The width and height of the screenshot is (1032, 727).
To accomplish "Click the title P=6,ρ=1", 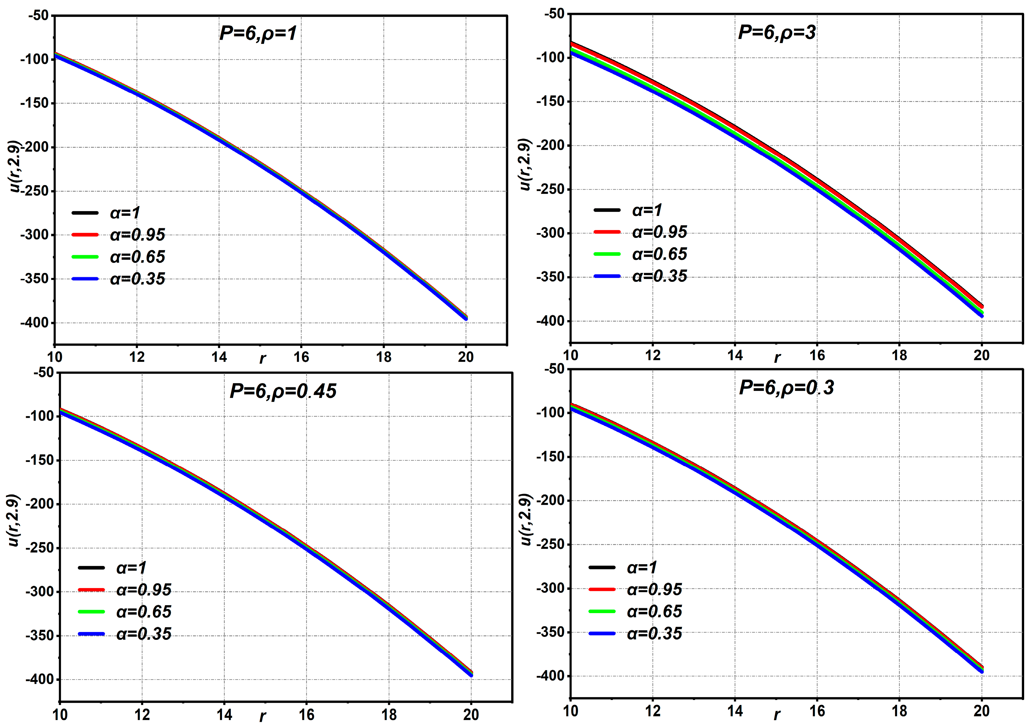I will [258, 34].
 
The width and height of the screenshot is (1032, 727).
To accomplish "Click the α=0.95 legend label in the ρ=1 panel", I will [138, 235].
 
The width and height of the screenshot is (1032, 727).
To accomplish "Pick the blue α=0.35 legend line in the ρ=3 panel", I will [607, 276].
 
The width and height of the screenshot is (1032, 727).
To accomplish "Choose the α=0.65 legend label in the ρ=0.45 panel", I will [144, 612].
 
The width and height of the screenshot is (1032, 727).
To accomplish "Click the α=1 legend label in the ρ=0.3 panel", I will [642, 568].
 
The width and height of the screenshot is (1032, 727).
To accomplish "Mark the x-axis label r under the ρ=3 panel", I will [777, 358].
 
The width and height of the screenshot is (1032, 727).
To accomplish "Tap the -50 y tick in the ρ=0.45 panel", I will [44, 372].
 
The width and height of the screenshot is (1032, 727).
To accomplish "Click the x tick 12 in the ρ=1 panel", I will [137, 357].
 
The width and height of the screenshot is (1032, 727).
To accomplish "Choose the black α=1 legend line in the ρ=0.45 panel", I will [91, 568].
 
